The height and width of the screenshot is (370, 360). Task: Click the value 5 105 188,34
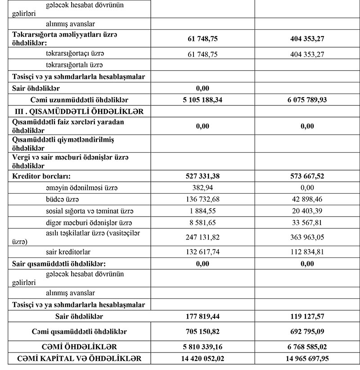(x=202, y=100)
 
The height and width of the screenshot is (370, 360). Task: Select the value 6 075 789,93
(x=307, y=100)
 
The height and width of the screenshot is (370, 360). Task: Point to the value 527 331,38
(x=202, y=175)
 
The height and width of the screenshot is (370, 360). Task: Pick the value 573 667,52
(x=307, y=175)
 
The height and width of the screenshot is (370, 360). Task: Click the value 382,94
(x=202, y=187)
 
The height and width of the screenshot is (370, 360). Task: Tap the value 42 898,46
(x=307, y=199)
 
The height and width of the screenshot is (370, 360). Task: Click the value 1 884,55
(x=202, y=211)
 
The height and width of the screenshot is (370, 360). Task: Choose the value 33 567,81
(x=307, y=222)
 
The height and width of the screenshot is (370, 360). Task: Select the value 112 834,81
(x=307, y=252)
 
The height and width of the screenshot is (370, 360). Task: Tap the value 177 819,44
(x=202, y=316)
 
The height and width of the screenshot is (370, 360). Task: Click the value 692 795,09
(x=307, y=332)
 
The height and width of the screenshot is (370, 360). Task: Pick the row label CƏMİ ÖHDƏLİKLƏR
(x=79, y=347)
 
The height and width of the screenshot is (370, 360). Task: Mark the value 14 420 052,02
(x=202, y=359)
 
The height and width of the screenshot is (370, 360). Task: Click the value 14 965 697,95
(x=307, y=359)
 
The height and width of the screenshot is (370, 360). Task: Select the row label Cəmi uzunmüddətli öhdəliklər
(x=79, y=100)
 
